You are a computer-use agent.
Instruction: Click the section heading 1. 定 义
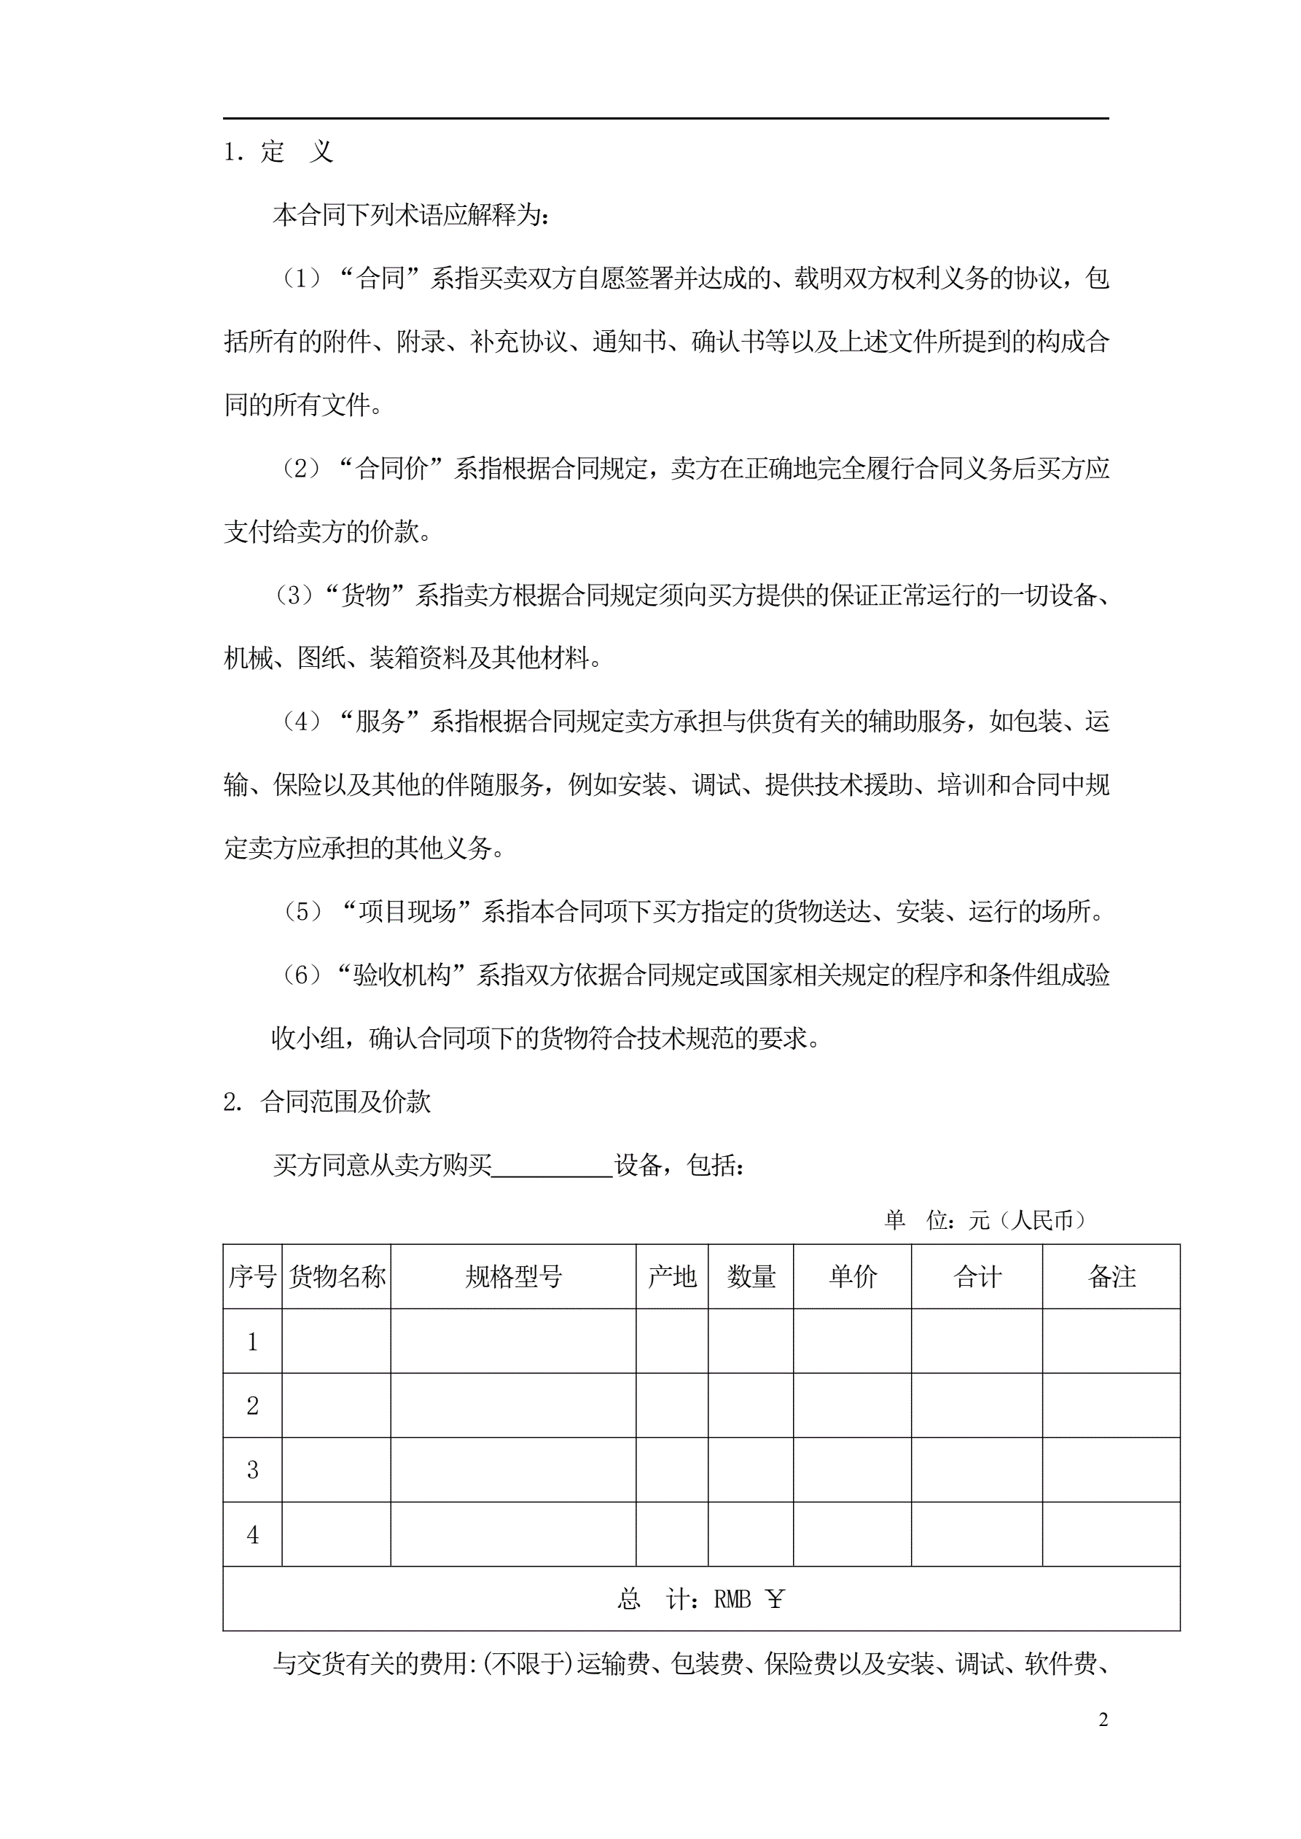(278, 152)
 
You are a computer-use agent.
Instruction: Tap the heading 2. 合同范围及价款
(327, 1102)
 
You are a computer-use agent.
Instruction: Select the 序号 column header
(252, 1277)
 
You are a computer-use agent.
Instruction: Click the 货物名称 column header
(337, 1277)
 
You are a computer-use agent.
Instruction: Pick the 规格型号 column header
(514, 1277)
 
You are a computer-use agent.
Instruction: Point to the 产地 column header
(672, 1277)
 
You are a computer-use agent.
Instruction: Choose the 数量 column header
(751, 1277)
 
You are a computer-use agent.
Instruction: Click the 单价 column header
(852, 1277)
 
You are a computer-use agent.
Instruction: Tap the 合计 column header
(977, 1277)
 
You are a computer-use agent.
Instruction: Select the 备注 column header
(1111, 1277)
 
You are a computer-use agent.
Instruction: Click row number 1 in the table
(252, 1342)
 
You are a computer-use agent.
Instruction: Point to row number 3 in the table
(252, 1469)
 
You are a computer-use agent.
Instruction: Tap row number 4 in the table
(252, 1534)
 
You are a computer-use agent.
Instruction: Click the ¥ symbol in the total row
(775, 1599)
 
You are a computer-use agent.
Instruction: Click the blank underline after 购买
(552, 1166)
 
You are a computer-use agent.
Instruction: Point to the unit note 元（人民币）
(1027, 1221)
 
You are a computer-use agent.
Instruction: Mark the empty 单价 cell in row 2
(852, 1406)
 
